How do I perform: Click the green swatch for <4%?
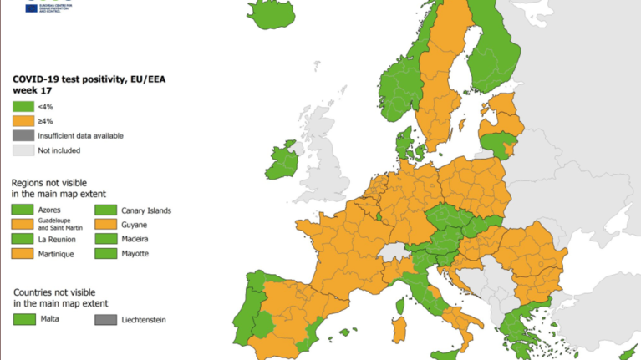click(x=23, y=106)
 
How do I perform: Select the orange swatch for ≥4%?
click(x=23, y=121)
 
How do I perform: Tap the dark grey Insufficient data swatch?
click(x=23, y=135)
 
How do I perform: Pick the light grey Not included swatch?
click(x=23, y=150)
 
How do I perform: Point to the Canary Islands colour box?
click(x=104, y=210)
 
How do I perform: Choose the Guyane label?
click(x=135, y=224)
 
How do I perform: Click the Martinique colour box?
click(x=23, y=252)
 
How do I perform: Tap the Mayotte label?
click(x=135, y=252)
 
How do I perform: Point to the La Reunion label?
click(x=57, y=238)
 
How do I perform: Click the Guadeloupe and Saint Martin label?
click(x=60, y=224)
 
